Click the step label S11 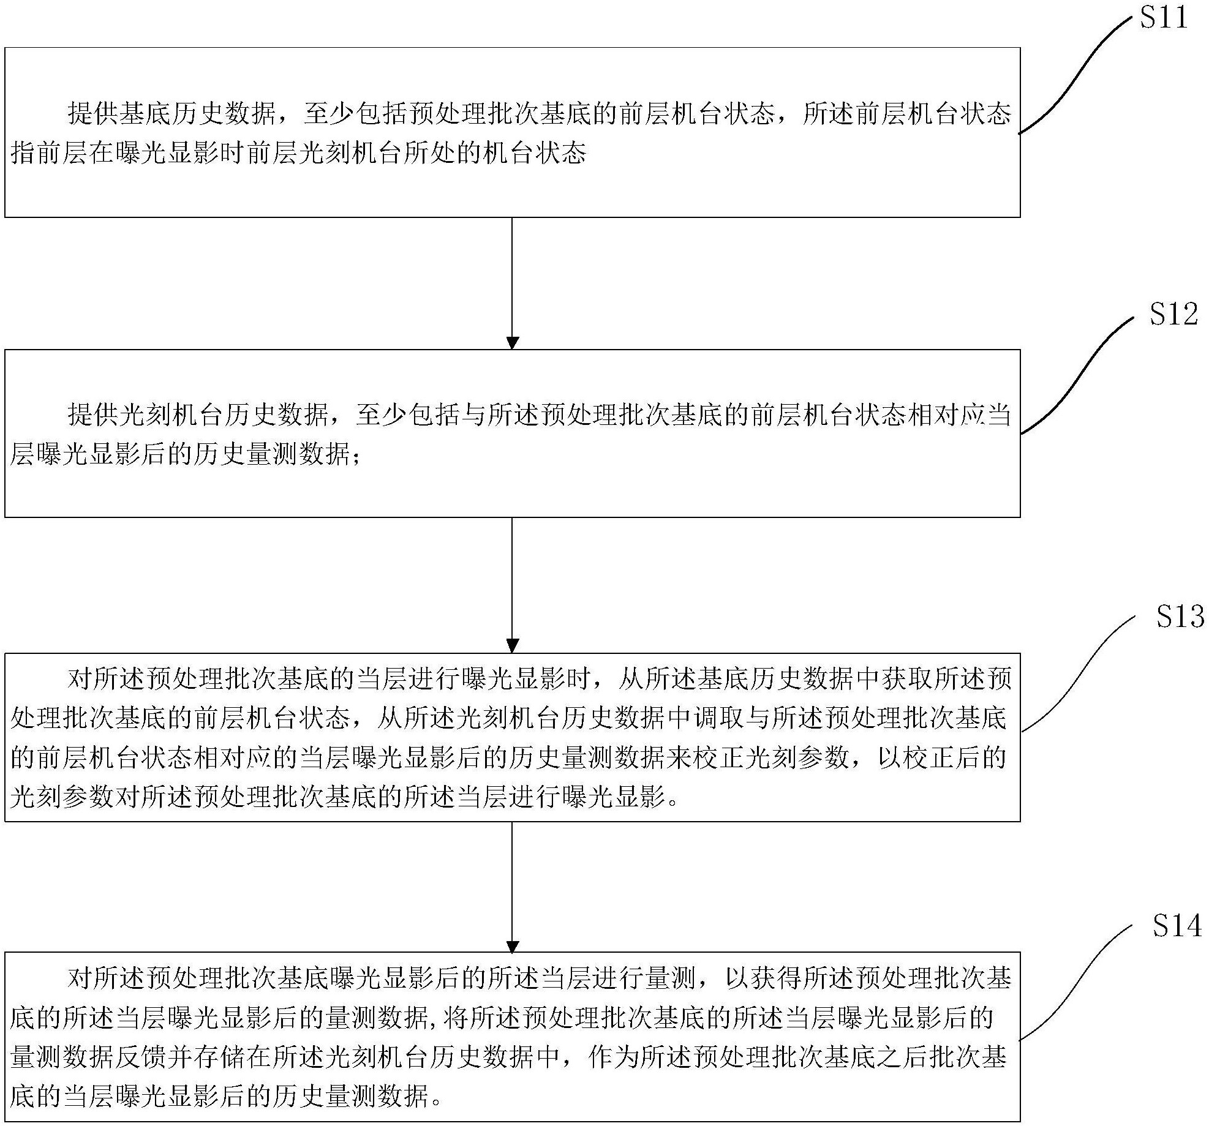(x=1163, y=17)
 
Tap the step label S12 (x=1173, y=314)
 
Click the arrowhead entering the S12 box (x=512, y=343)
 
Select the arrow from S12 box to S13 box (x=512, y=585)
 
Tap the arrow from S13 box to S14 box (x=512, y=887)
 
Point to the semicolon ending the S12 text (x=356, y=457)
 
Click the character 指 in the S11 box (x=23, y=152)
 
